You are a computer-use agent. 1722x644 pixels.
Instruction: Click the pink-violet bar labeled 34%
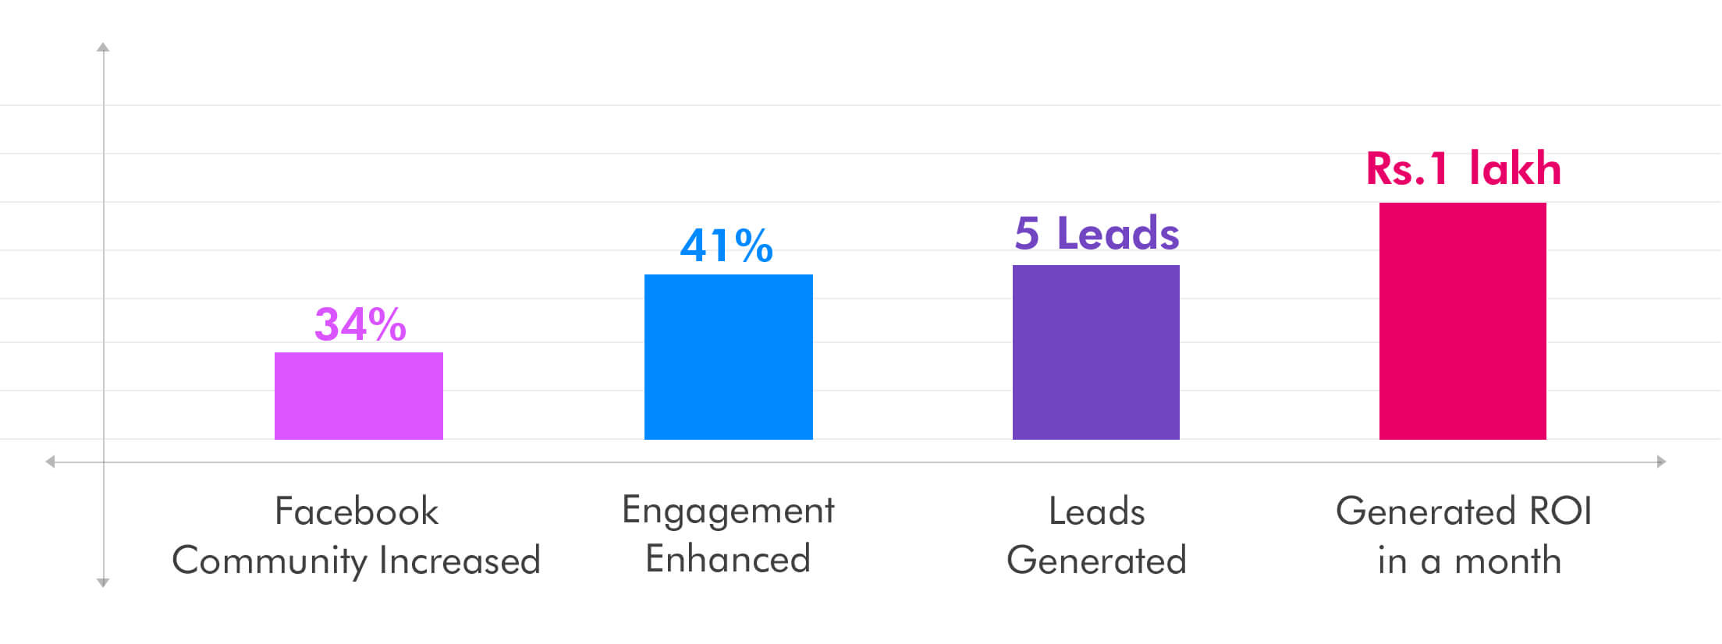(x=359, y=396)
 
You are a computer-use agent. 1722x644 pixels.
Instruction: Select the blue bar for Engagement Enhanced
(x=729, y=357)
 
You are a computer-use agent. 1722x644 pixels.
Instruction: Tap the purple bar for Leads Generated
(x=1096, y=352)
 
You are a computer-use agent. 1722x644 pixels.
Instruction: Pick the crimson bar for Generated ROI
(x=1463, y=321)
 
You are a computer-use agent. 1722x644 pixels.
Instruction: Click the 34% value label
(x=360, y=324)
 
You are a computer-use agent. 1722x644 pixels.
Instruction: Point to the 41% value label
(x=726, y=246)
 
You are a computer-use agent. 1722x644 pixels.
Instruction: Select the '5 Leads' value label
(x=1097, y=233)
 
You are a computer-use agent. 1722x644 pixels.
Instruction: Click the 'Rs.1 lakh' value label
(x=1464, y=168)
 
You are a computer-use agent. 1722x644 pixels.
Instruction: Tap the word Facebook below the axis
(x=357, y=511)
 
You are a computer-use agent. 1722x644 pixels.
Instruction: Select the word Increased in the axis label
(x=460, y=561)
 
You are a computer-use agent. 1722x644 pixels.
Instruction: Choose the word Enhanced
(x=728, y=559)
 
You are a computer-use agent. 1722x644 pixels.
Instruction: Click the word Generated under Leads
(x=1096, y=561)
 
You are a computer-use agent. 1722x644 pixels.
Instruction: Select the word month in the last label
(x=1507, y=561)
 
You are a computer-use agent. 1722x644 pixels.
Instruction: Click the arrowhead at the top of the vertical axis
(x=103, y=48)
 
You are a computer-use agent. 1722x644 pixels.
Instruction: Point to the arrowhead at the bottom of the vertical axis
(x=103, y=582)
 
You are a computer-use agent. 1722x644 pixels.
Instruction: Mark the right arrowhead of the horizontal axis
(x=1661, y=462)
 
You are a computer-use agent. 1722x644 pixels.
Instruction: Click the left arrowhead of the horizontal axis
(x=50, y=462)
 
